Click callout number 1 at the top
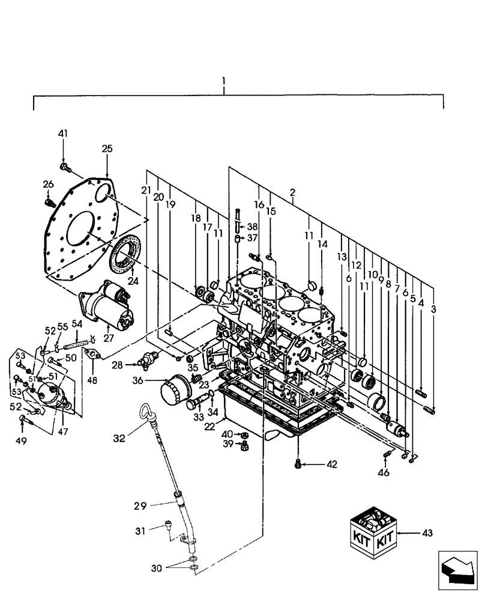click(223, 80)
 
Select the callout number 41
click(63, 134)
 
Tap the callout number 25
click(107, 148)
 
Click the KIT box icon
click(373, 529)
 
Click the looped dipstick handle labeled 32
click(144, 412)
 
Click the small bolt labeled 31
click(169, 528)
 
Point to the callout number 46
click(384, 473)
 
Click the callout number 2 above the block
click(292, 193)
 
